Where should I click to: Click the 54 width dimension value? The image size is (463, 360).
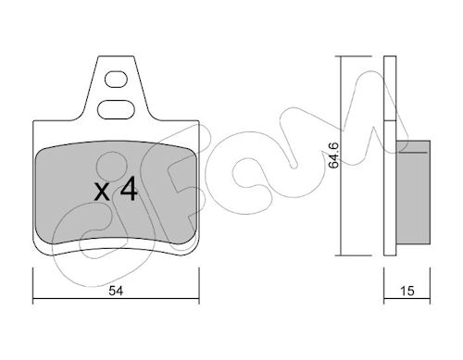(x=116, y=291)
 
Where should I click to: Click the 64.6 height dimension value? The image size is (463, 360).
(x=333, y=155)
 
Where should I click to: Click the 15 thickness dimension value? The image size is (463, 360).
(x=407, y=291)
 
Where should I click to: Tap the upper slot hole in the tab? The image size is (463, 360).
(x=116, y=80)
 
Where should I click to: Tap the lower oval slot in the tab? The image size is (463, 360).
(x=116, y=109)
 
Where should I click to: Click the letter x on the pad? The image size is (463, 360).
(x=102, y=192)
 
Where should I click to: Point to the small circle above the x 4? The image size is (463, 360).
(x=112, y=167)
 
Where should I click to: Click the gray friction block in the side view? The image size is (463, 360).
(x=413, y=192)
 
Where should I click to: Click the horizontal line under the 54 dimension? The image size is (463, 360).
(x=116, y=299)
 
